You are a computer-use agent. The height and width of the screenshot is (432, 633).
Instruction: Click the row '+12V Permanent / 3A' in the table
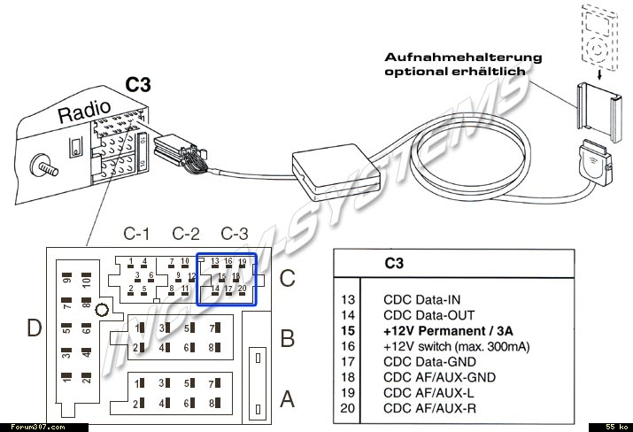point(448,330)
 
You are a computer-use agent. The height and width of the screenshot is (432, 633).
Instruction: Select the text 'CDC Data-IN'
point(422,299)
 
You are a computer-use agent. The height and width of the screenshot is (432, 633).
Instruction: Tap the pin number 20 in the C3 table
point(347,409)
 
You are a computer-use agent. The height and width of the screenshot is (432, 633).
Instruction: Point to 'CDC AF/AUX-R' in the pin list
point(428,409)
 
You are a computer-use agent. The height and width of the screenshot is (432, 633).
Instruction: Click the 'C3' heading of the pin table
point(394,264)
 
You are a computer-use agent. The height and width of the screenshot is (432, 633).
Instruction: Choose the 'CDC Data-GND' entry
point(428,362)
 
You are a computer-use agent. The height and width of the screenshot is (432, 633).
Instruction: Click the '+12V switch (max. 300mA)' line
point(456,346)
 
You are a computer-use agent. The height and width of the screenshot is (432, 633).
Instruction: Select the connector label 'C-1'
point(136,235)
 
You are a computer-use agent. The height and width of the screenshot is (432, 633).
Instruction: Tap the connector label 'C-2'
point(185,235)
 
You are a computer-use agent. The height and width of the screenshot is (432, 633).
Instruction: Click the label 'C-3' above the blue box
point(235,235)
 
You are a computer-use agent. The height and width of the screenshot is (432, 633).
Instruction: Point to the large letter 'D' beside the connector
point(34,329)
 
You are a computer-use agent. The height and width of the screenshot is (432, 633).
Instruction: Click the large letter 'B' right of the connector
point(287,337)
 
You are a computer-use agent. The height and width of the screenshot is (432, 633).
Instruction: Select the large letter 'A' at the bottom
point(287,399)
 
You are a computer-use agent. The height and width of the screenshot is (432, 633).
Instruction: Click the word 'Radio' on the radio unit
point(84,112)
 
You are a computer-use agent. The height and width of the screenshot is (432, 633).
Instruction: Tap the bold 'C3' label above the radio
point(137,86)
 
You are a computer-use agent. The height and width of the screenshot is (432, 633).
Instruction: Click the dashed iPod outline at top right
point(601,35)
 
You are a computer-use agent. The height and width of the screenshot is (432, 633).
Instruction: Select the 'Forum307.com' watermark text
point(27,426)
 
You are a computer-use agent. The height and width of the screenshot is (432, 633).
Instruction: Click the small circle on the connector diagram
point(102,310)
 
